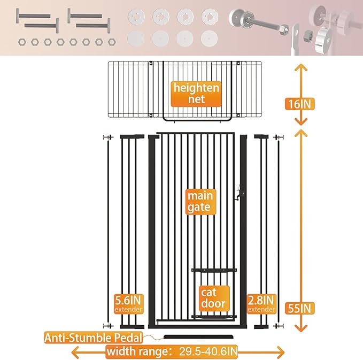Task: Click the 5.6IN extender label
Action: pos(128,303)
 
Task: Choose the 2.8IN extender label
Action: pos(262,303)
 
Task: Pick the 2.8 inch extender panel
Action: pos(262,230)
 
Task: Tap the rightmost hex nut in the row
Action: pos(111,41)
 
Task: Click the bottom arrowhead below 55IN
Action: pos(301,331)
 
